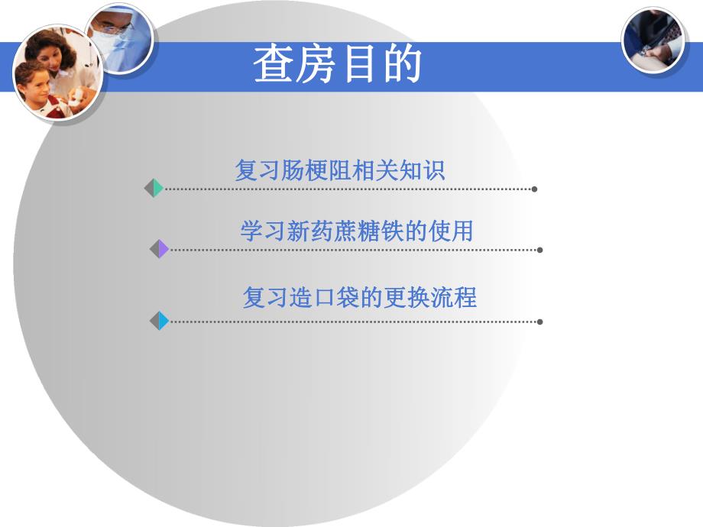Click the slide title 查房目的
(x=337, y=63)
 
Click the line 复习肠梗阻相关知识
(x=339, y=170)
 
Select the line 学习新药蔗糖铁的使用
(x=356, y=231)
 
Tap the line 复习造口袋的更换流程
(x=359, y=297)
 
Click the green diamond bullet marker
(x=154, y=188)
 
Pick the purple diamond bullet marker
(x=159, y=249)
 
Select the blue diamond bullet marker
(x=159, y=321)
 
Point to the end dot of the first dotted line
(x=534, y=189)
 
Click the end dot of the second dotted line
(x=540, y=250)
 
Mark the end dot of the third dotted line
(x=540, y=322)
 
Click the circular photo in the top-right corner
(x=653, y=40)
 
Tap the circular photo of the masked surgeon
(x=118, y=38)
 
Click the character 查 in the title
(x=274, y=63)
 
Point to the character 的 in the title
(x=401, y=63)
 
